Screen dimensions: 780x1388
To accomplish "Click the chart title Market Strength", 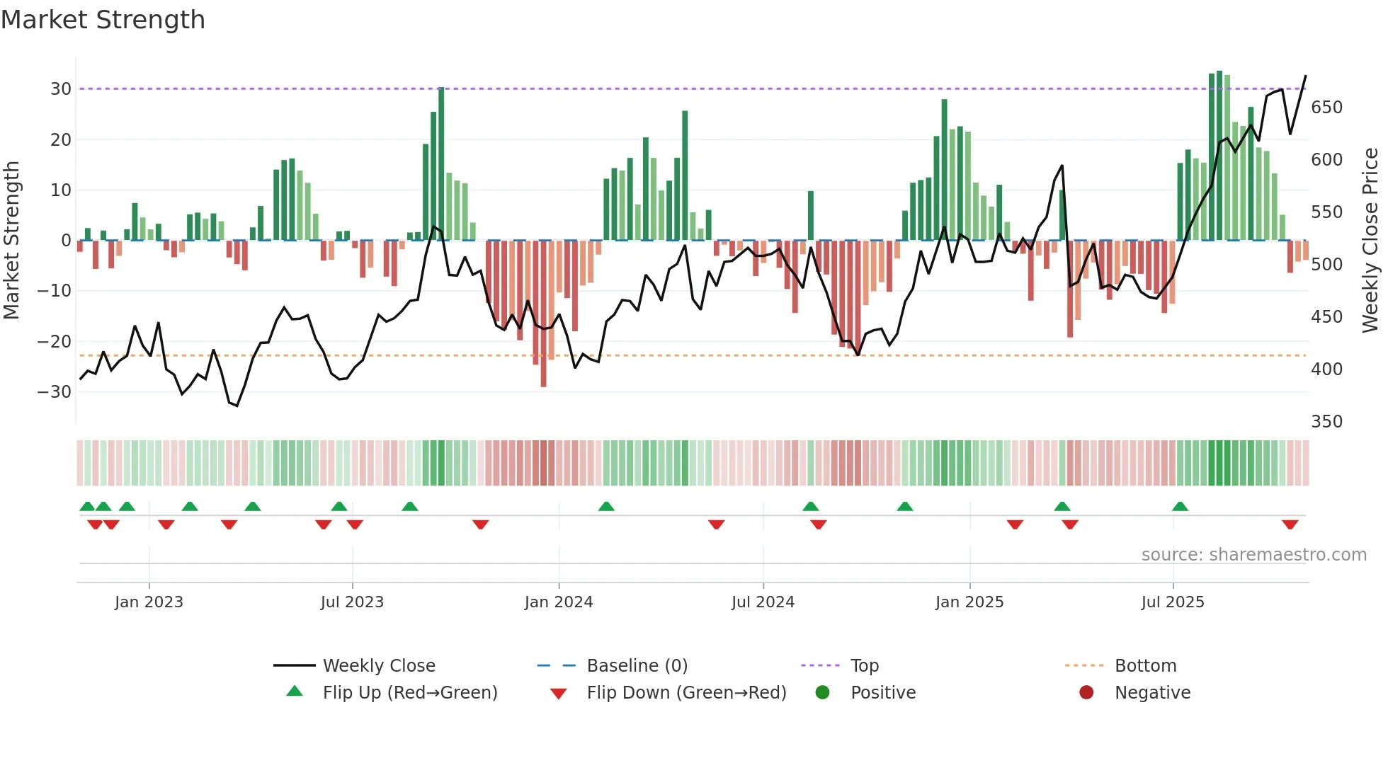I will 103,20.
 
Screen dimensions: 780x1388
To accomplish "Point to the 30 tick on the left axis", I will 61,89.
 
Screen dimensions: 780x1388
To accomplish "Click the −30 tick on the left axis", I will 55,391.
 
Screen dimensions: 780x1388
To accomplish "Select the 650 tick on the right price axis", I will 1326,108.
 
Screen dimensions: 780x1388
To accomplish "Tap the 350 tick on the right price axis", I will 1326,422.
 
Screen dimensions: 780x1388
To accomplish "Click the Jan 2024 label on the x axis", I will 558,602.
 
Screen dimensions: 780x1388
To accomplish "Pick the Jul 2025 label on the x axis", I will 1172,602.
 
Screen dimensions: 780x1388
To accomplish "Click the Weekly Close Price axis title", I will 1370,241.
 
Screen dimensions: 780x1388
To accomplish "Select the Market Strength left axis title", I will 11,241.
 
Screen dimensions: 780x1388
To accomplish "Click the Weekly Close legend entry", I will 378,666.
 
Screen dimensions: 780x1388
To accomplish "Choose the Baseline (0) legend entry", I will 637,666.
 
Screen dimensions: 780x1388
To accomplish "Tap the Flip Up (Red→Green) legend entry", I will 409,693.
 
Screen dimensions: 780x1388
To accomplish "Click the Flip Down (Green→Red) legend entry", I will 686,693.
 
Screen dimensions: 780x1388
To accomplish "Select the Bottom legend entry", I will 1145,666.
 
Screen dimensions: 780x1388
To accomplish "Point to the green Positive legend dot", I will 822,693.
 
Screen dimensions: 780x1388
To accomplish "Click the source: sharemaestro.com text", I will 1253,555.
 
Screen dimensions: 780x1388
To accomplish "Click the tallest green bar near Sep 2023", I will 441,163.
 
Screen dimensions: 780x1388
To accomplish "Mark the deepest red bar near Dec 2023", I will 543,315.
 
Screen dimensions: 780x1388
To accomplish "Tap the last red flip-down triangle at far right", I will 1290,524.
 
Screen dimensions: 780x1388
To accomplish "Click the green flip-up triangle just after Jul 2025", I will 1180,506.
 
